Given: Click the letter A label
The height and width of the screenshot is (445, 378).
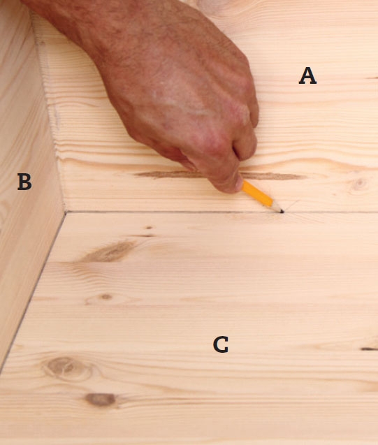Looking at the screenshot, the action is [307, 75].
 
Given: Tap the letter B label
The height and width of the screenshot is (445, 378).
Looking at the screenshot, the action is [24, 182].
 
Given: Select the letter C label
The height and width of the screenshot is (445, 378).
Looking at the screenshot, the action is [221, 344].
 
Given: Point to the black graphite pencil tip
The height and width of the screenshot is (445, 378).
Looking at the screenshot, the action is [282, 211].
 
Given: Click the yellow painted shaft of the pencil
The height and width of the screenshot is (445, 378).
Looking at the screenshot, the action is [257, 194].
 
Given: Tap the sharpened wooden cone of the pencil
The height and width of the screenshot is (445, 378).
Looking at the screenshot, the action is [277, 207].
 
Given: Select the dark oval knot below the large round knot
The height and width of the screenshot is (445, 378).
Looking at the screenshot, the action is [101, 400].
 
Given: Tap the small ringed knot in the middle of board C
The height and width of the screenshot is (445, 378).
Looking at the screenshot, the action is [106, 297].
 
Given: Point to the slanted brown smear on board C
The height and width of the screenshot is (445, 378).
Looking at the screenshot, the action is [109, 251].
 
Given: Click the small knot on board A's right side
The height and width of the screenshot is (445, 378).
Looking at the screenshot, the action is [360, 183].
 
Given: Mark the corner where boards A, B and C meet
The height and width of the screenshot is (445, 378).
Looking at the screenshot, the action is [65, 212].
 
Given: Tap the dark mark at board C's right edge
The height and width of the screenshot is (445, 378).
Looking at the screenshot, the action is [369, 349].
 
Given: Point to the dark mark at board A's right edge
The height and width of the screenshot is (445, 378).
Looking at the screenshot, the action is [372, 78].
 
